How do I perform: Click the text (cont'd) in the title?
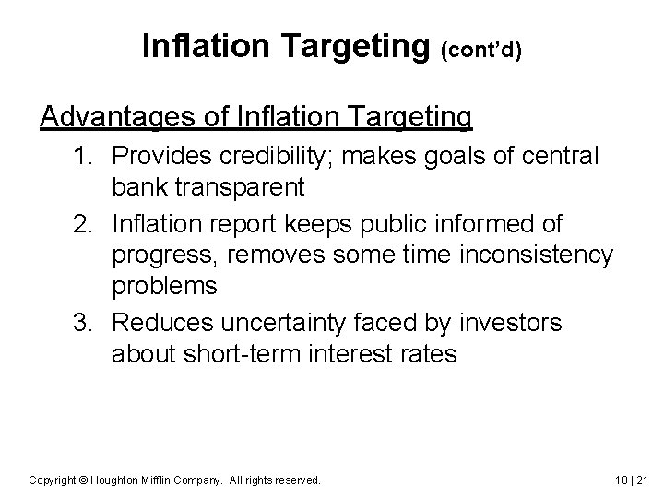(482, 50)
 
